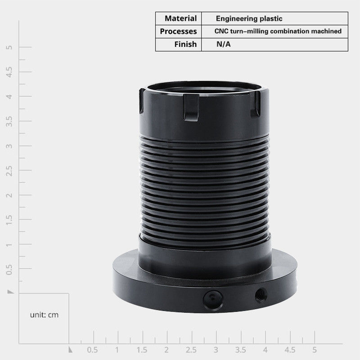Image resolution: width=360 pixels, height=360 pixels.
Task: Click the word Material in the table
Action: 181,18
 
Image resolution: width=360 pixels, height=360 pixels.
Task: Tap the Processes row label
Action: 178,31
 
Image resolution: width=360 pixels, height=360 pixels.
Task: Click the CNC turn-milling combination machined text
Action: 278,31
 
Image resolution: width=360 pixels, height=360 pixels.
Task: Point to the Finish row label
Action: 185,44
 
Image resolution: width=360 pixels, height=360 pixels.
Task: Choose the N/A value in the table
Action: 223,44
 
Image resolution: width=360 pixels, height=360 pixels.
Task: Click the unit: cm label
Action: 44,315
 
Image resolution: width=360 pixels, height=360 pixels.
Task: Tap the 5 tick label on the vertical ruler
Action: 9,47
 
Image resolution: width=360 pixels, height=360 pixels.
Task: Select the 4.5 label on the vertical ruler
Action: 9,72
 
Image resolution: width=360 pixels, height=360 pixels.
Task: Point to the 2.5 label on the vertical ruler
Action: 9,171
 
